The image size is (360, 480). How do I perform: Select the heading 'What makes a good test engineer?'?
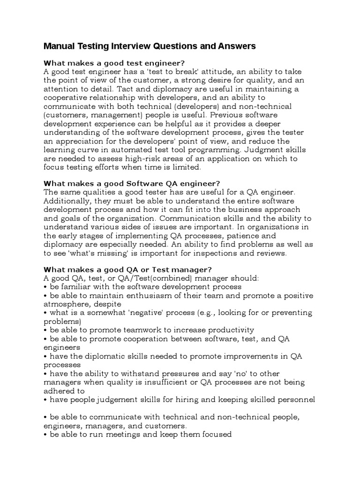pos(114,63)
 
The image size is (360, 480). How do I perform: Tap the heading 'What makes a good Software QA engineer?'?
pos(132,183)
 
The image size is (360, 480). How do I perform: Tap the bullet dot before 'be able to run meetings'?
pos(45,435)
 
